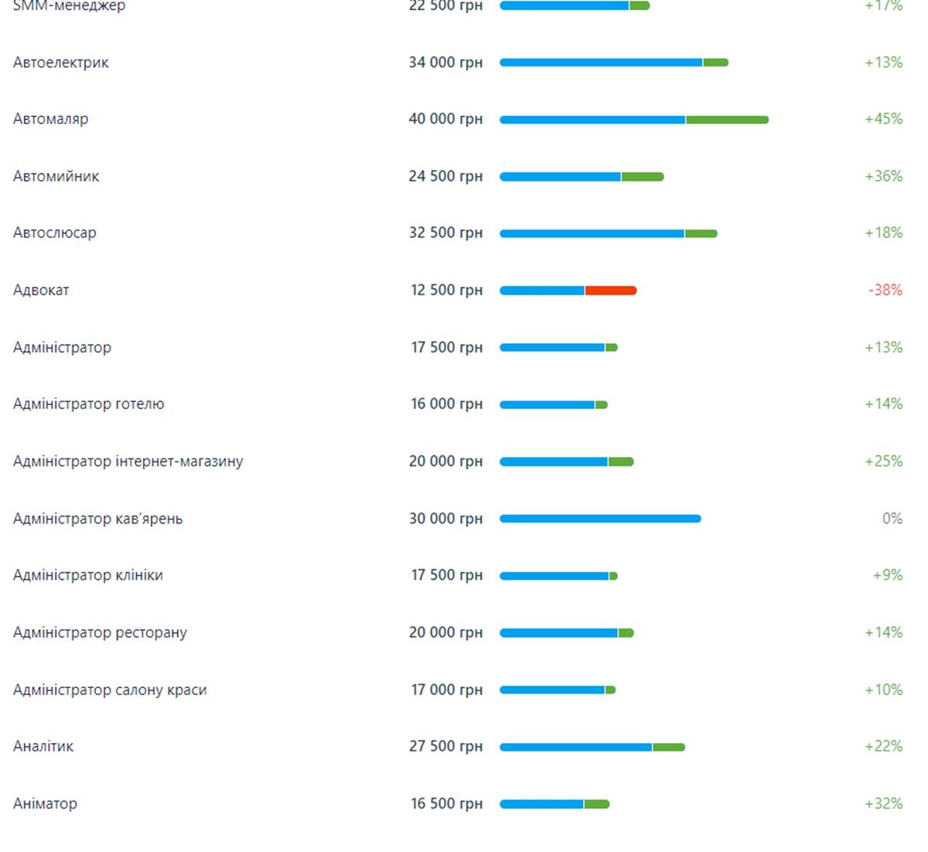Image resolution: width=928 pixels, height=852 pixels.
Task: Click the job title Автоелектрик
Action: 61,63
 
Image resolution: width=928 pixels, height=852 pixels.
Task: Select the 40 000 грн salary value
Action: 445,119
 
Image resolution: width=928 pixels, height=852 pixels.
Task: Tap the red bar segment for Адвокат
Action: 610,291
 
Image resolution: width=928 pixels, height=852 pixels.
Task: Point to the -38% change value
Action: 885,290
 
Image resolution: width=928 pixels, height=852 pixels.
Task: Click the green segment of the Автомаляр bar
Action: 727,120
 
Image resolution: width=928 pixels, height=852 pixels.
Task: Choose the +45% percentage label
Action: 883,119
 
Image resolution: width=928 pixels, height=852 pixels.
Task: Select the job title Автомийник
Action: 56,176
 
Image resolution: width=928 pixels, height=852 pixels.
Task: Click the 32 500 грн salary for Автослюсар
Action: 445,233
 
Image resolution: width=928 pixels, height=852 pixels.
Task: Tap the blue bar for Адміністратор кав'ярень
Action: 600,519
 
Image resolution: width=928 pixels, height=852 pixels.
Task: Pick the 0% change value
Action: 892,518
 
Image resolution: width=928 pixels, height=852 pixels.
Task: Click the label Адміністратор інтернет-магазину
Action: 128,462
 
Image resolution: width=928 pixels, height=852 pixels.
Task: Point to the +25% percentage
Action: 883,461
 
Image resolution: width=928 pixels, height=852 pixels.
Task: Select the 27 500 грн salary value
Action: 445,746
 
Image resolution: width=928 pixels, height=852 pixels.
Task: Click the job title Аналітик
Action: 43,746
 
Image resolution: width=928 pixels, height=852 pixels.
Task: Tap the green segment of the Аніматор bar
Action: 596,804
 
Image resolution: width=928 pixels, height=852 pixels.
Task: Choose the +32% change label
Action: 883,803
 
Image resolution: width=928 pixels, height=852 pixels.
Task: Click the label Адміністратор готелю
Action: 89,404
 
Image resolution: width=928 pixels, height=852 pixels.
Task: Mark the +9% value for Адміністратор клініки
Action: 887,575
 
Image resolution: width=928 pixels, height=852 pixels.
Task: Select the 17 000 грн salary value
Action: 446,690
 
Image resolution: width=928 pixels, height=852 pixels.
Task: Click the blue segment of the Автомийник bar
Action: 561,177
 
